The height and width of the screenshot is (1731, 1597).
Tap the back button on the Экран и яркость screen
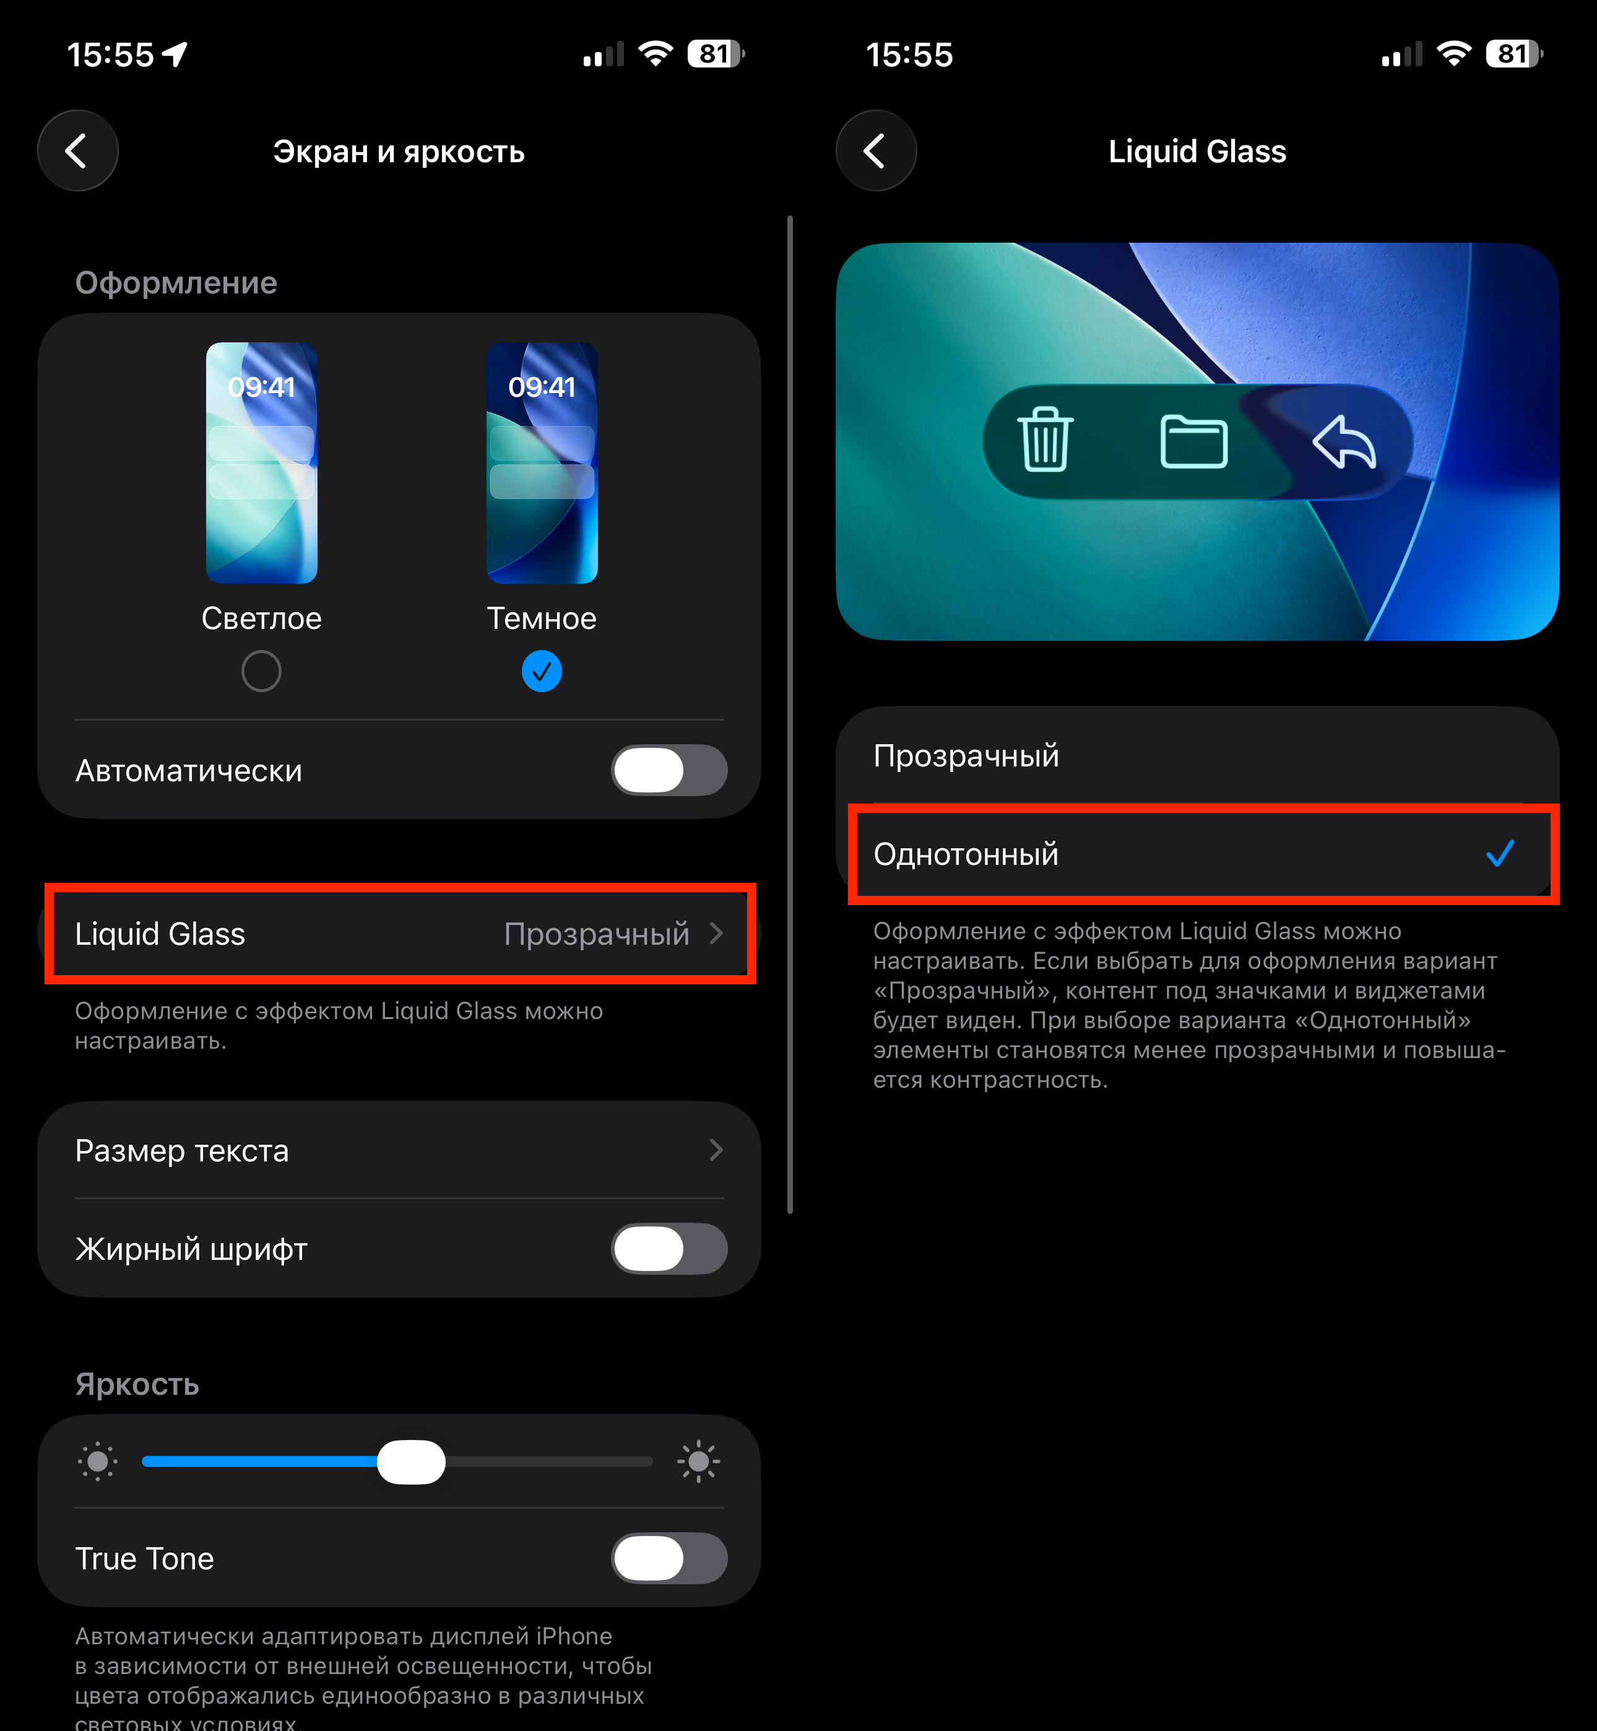[78, 150]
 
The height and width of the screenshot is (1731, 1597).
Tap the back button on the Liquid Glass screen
[875, 150]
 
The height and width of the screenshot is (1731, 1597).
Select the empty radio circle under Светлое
[261, 672]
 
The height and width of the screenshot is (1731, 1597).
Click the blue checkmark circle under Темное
[542, 672]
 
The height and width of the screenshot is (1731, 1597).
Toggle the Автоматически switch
[669, 770]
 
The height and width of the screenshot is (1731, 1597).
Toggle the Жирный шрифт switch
[669, 1249]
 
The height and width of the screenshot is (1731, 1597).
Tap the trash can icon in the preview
[1045, 440]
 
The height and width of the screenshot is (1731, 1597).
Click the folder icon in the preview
[1193, 441]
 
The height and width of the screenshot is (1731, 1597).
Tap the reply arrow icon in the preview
[1344, 441]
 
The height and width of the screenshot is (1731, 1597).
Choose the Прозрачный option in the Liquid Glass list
[966, 755]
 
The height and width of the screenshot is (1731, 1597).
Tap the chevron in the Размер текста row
[716, 1150]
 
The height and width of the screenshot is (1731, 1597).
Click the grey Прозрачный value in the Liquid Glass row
[596, 934]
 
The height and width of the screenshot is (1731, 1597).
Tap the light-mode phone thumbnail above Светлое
[261, 463]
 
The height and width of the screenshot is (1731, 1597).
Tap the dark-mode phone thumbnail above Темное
[542, 463]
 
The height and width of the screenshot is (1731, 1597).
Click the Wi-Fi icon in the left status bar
[656, 54]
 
